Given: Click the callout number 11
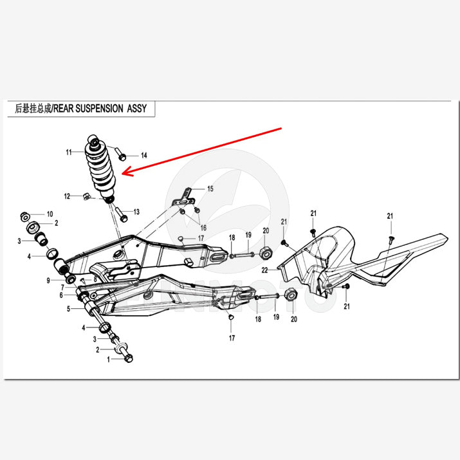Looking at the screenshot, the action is coord(69,152).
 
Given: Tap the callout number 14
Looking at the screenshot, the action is coord(143,156).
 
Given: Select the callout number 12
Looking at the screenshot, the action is coord(67,196).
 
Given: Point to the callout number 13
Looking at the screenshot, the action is coord(136,212).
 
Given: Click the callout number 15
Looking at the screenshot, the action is coord(210,189).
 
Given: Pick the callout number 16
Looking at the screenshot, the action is coord(203,228).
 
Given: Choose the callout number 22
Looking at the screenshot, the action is coord(264,270).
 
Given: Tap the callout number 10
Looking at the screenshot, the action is coord(50,214).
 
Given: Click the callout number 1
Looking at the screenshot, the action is coord(109,360).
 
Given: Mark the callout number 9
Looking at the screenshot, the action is coord(48,281).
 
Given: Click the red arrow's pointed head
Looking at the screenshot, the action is coord(123,173).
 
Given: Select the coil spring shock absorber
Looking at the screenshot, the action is coord(100,169).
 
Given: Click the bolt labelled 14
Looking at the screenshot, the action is coord(120,154).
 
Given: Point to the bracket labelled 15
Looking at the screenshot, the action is coord(183,198).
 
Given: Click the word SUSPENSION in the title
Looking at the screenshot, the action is coord(99,109).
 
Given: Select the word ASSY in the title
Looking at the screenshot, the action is coord(136,109).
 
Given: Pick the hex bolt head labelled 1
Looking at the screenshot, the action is coord(129,358).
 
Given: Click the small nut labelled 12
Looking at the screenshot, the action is coord(86,196).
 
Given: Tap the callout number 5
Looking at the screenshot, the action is coord(68,309).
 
